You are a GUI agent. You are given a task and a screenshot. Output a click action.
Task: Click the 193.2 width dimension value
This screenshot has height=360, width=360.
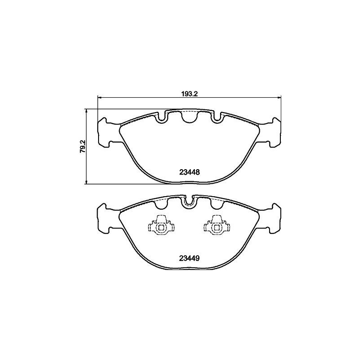point(189,94)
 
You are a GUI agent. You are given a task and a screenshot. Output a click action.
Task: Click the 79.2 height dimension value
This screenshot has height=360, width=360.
point(83,147)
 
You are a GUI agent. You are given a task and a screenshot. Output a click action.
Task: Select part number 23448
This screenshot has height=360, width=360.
point(189,172)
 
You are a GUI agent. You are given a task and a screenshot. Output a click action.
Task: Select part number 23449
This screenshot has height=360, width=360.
point(189,258)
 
